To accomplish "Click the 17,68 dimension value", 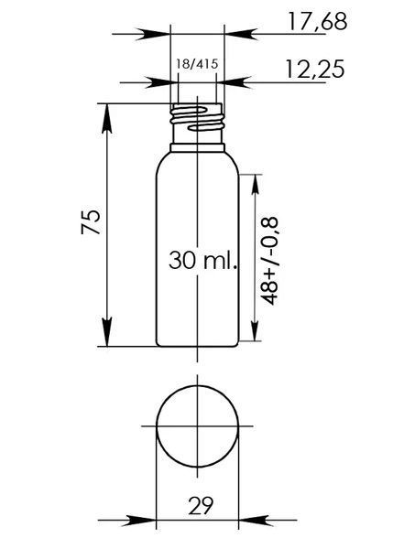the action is point(317,21).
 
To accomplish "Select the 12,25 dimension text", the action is point(314,69).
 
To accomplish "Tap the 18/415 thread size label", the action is point(197,64).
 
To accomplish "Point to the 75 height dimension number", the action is point(91,221).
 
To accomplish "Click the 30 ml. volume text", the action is point(203,261).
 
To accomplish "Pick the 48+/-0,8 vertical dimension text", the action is point(269,261).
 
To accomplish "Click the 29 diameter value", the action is point(201,505).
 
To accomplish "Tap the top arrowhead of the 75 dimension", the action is point(106,118).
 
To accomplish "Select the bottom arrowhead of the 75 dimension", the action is point(106,331).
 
